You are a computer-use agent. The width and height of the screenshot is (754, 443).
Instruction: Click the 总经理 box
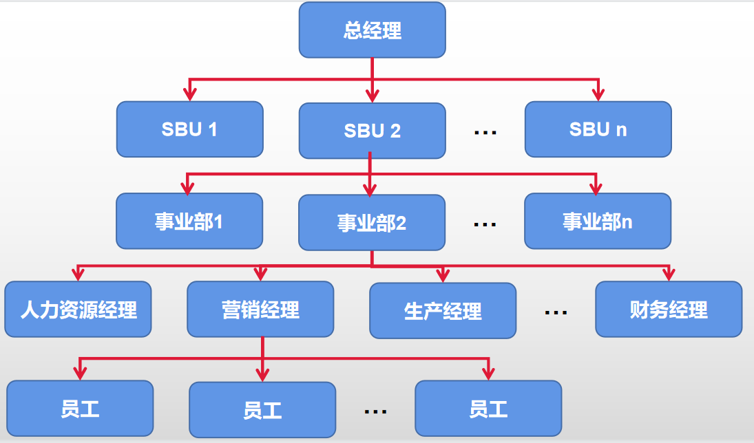(x=372, y=30)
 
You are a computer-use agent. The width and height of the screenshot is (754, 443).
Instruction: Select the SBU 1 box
(x=189, y=129)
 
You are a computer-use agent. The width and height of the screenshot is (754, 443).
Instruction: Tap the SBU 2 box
(x=372, y=131)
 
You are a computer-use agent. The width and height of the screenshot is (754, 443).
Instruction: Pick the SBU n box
(x=598, y=129)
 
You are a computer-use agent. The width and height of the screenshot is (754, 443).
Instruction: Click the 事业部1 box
(x=189, y=221)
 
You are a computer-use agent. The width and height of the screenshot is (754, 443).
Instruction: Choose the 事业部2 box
(x=371, y=222)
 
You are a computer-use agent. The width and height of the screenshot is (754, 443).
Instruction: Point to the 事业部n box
(x=597, y=221)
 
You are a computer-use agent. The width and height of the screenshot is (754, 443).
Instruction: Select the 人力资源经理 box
(x=78, y=310)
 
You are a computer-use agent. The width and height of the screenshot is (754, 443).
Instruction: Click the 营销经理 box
(x=260, y=310)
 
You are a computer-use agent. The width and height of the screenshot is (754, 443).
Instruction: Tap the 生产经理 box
(x=443, y=311)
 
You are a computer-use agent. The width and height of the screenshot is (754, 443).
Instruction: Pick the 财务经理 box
(x=669, y=310)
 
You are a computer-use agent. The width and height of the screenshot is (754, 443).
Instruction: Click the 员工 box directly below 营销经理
(x=262, y=411)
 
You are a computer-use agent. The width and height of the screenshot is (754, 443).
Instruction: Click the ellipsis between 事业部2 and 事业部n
(x=485, y=224)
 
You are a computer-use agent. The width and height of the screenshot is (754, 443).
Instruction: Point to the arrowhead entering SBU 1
(x=189, y=94)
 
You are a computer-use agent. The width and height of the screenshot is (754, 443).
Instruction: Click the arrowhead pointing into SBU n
(x=598, y=94)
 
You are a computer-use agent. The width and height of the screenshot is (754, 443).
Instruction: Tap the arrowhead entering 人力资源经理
(x=78, y=274)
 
